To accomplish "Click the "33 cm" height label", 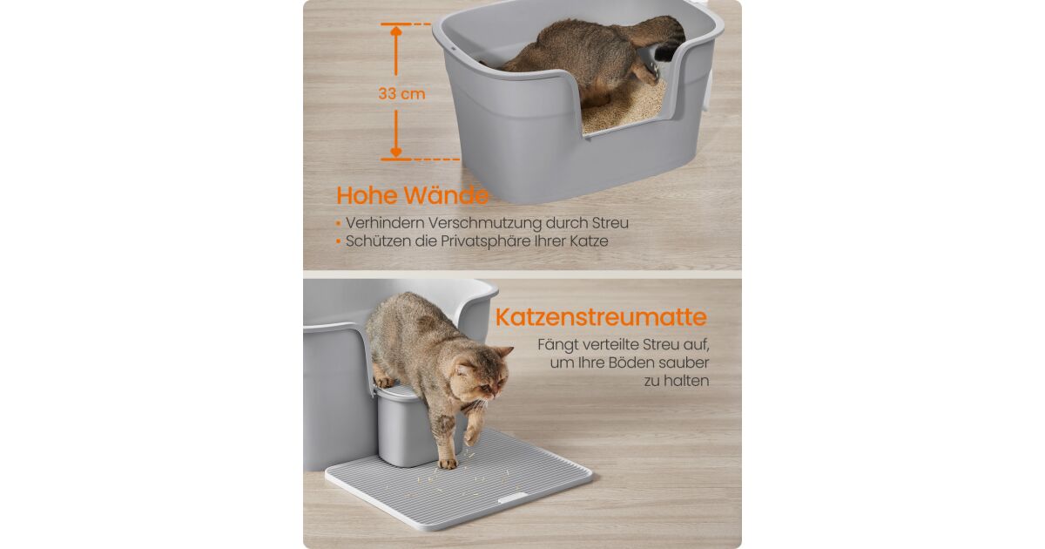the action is [401, 94].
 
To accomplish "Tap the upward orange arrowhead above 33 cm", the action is [396, 31].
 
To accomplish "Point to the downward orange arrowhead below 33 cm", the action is [396, 152].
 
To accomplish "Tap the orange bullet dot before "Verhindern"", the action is [339, 224].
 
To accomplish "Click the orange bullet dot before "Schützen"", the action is [339, 242].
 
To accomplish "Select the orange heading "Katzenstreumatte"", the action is [602, 317].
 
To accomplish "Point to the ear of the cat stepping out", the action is [504, 351].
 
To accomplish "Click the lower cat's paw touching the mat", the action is [448, 464].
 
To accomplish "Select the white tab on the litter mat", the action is [513, 498].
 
